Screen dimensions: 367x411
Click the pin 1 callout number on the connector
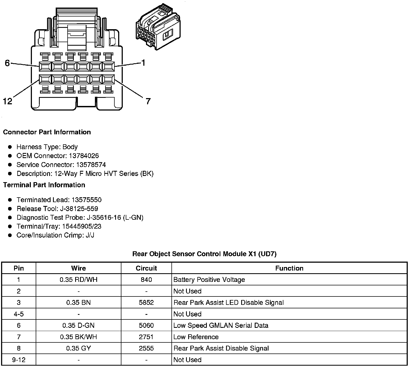[x=143, y=63]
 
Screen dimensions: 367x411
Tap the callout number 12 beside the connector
[x=8, y=101]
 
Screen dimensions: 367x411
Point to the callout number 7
[x=148, y=101]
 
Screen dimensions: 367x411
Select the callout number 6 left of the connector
[x=7, y=63]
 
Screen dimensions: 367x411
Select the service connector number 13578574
[x=91, y=165]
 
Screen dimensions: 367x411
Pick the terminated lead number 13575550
[x=87, y=200]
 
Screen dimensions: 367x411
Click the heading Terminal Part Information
[x=44, y=185]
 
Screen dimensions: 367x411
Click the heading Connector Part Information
[x=47, y=132]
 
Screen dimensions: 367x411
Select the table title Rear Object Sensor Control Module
[x=204, y=254]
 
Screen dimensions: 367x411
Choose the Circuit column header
[x=146, y=268]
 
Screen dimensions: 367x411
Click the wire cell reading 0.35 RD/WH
[x=78, y=279]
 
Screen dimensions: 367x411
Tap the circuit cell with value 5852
[x=146, y=302]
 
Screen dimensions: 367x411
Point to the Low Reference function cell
[x=196, y=337]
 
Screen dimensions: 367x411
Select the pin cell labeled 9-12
[x=19, y=360]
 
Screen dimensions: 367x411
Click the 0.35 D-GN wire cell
[x=78, y=325]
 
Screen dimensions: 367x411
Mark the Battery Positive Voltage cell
[x=209, y=279]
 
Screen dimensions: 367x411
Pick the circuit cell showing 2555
[x=146, y=348]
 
